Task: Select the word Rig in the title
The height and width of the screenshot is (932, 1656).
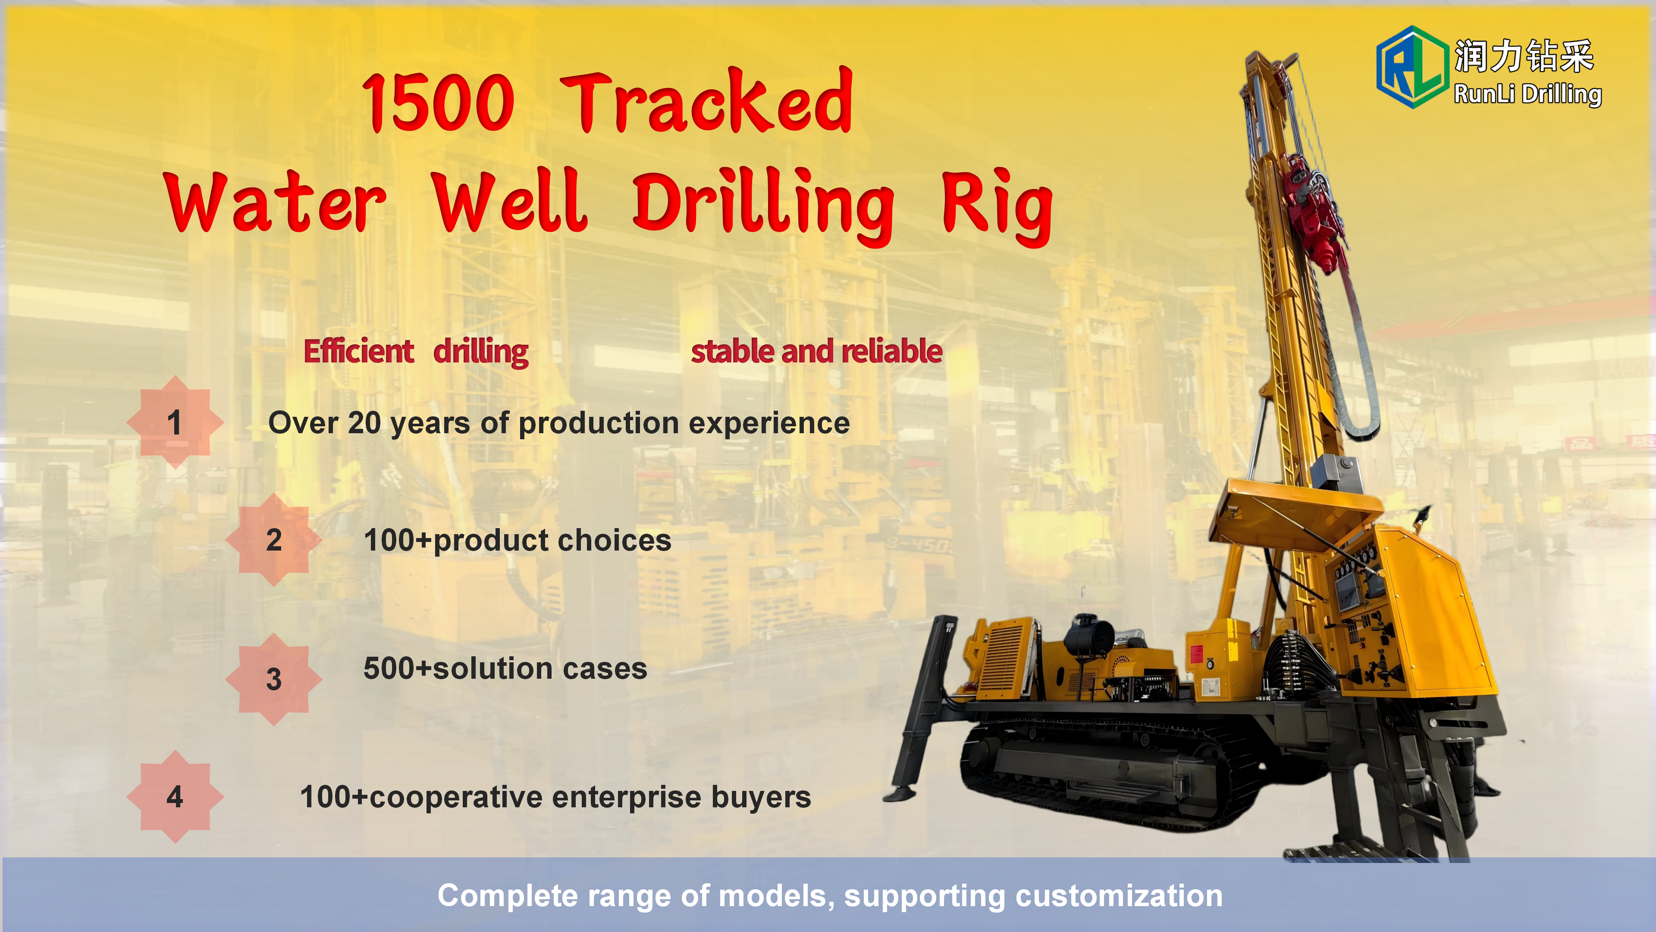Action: pyautogui.click(x=997, y=207)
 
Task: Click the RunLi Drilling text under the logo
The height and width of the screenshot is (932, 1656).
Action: pyautogui.click(x=1527, y=94)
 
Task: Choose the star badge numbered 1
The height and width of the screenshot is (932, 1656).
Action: pyautogui.click(x=175, y=422)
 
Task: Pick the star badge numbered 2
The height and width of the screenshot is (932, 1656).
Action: pyautogui.click(x=274, y=540)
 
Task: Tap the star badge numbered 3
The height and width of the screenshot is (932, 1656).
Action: pyautogui.click(x=274, y=679)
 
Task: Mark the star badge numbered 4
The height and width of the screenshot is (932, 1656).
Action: pyautogui.click(x=175, y=797)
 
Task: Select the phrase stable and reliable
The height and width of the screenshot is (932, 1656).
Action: pyautogui.click(x=816, y=351)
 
